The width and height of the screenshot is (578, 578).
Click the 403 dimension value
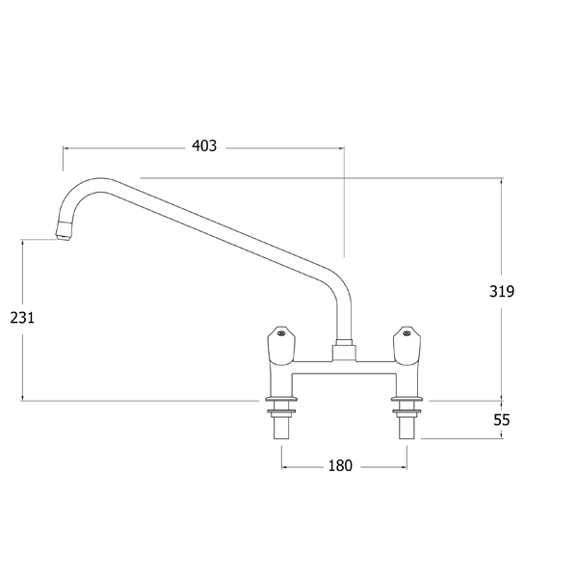coord(204,146)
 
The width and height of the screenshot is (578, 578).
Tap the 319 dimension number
coord(502,291)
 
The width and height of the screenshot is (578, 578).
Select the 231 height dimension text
coord(22,317)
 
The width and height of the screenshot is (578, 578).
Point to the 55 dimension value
coord(502,419)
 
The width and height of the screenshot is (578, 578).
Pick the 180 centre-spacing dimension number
coord(340,465)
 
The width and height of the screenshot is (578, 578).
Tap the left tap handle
coord(281,346)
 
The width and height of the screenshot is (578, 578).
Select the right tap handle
coord(407,346)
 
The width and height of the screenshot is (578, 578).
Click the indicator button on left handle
coord(281,333)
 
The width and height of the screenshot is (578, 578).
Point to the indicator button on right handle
coord(407,333)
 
